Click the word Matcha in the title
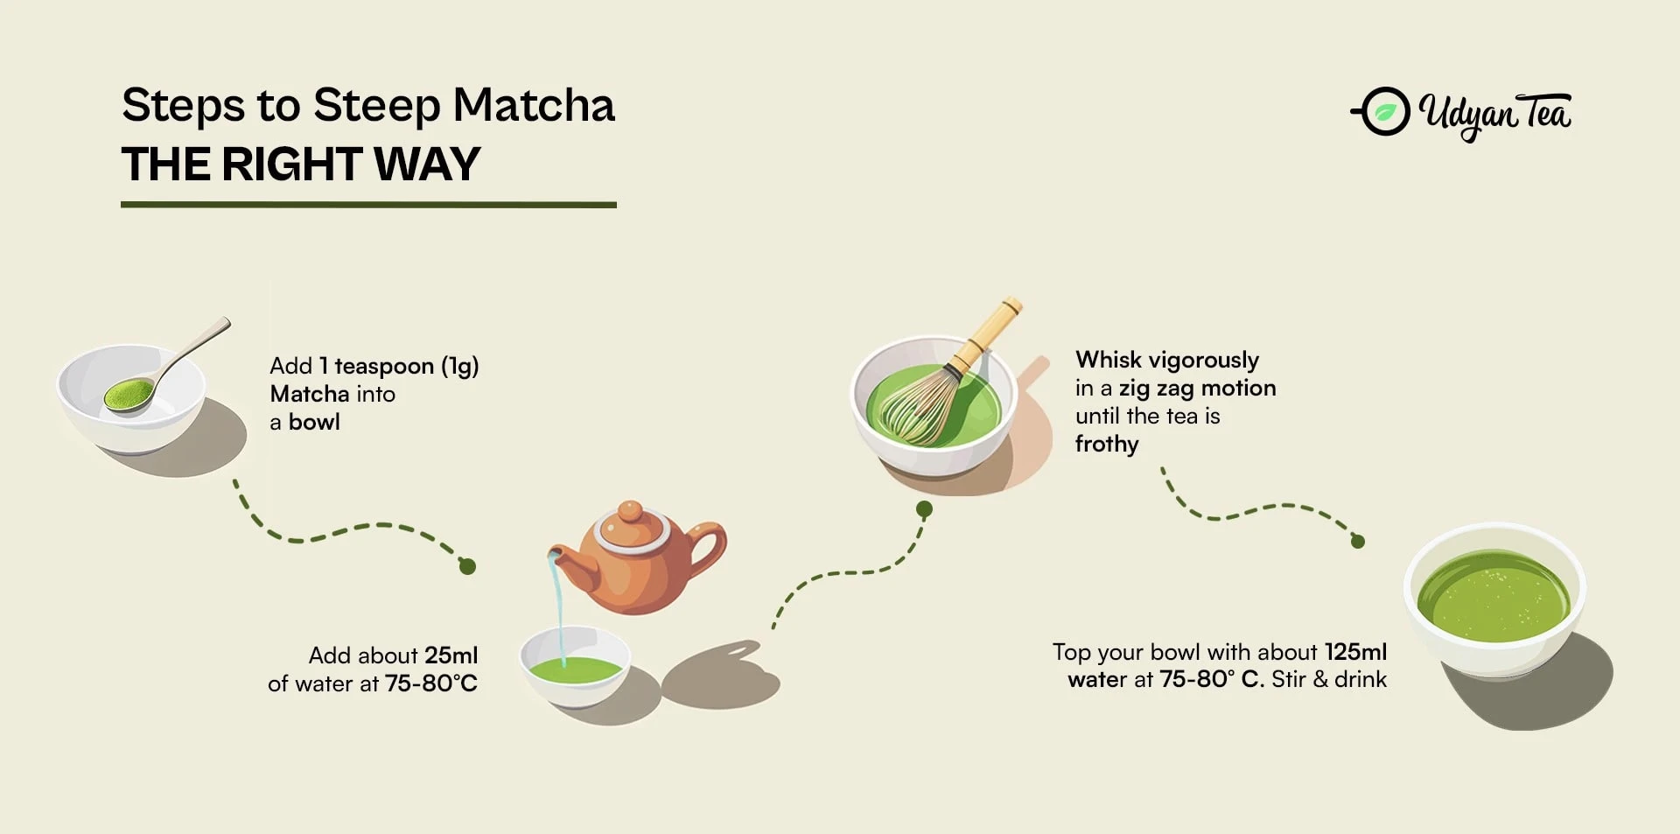coord(534,105)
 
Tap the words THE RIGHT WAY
coord(301,164)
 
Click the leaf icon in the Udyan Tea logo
coord(1384,112)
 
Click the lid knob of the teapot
coord(629,512)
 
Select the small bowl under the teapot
coord(575,667)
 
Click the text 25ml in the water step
coord(451,655)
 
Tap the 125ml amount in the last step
coord(1355,652)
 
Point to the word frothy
coord(1107,445)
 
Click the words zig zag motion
coord(1197,389)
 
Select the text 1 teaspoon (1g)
coord(398,366)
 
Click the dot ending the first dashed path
coord(467,567)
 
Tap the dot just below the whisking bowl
coord(924,509)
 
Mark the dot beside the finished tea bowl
coord(1358,542)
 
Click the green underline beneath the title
coord(368,205)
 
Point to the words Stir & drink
coord(1329,679)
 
